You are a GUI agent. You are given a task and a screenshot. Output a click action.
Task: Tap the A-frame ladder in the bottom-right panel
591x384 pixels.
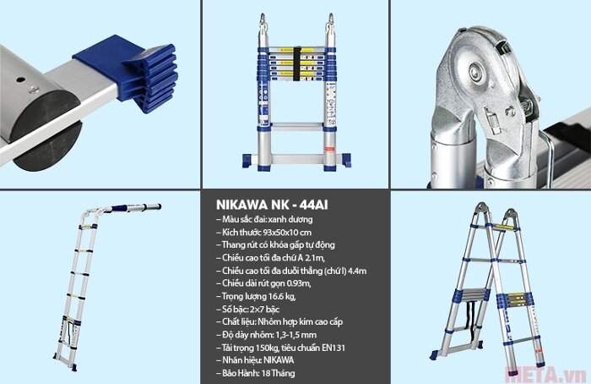click(x=490, y=283)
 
